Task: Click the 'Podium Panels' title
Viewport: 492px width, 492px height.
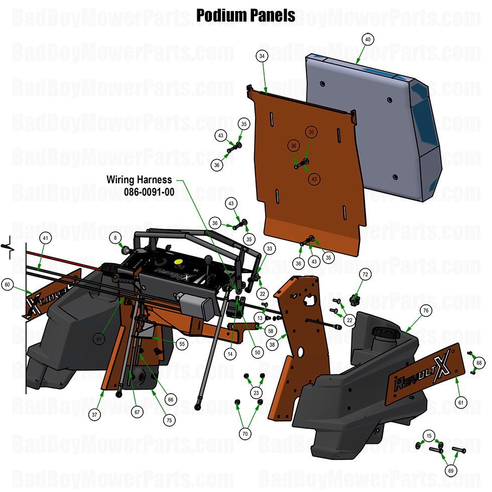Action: point(245,15)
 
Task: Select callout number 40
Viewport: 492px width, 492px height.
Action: point(367,39)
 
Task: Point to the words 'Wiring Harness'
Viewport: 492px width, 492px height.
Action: point(139,179)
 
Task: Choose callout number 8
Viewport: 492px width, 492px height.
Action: point(115,237)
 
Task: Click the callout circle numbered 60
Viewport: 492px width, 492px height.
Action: point(7,285)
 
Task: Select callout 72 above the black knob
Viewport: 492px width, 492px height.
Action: point(365,274)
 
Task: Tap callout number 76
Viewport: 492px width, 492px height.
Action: point(426,311)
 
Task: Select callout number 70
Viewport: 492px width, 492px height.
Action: point(245,432)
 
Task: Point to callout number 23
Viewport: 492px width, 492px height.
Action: point(257,394)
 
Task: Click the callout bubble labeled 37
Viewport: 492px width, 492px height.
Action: point(94,415)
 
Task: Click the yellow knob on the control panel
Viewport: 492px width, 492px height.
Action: point(177,262)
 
